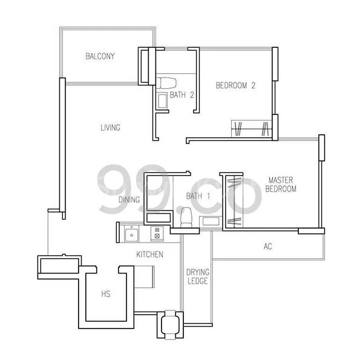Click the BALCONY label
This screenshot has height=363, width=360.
100,56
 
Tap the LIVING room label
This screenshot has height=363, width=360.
110,128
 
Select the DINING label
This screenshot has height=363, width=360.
129,199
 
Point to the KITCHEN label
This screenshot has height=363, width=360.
149,255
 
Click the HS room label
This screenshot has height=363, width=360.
106,294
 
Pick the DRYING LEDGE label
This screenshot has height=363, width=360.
197,277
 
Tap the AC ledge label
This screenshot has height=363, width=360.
268,246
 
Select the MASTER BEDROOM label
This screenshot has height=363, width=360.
282,185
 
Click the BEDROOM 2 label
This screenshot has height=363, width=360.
235,86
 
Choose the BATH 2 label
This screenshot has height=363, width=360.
182,95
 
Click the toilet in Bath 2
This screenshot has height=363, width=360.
163,82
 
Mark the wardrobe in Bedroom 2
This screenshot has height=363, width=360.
250,129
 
